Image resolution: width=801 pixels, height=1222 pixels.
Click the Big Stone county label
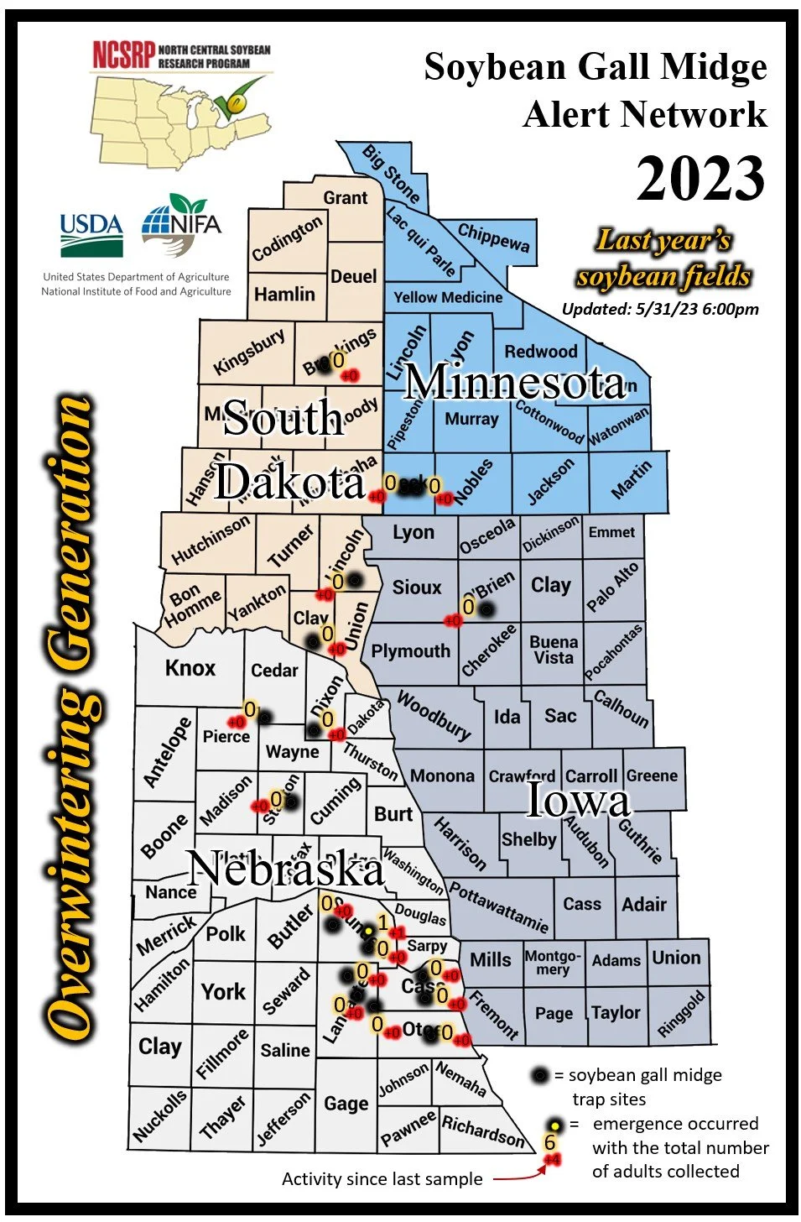coord(391,174)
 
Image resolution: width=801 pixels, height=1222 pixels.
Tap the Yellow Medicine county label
coord(448,297)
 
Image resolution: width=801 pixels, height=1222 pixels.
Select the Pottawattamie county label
coord(499,906)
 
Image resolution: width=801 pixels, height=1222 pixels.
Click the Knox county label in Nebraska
coord(190,668)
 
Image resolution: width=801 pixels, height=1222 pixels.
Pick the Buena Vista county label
coord(554,650)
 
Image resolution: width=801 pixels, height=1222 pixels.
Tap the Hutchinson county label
coord(211,540)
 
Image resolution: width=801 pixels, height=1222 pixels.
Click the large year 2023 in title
coord(700,178)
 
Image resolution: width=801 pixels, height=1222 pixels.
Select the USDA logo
coord(91,234)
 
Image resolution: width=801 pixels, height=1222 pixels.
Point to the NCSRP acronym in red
coord(123,56)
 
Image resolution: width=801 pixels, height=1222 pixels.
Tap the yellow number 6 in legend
coord(550,1142)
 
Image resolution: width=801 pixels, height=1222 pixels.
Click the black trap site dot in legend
coord(541,1075)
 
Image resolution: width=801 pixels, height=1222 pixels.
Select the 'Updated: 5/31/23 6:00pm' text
coord(660,309)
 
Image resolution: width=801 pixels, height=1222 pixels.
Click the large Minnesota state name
coord(515,383)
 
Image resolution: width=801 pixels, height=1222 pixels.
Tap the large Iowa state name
coord(578,800)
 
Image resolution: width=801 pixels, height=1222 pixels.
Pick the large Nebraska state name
coord(286,868)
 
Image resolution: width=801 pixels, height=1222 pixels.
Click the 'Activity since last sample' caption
coord(382,1179)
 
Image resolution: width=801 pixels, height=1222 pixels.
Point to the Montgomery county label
coord(553,962)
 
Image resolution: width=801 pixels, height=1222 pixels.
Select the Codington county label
coord(287,239)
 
